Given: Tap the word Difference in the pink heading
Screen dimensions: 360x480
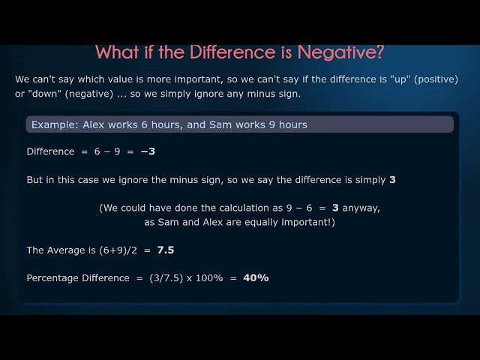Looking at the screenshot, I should (x=231, y=52).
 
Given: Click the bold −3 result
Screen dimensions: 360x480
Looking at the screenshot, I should (x=148, y=151).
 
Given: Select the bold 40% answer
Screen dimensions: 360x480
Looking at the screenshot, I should (x=256, y=278).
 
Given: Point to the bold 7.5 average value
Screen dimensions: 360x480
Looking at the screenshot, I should (x=166, y=250).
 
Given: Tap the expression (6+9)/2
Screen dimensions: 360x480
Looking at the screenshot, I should (x=123, y=250).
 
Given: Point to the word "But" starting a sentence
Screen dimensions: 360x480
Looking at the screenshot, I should (x=35, y=180).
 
